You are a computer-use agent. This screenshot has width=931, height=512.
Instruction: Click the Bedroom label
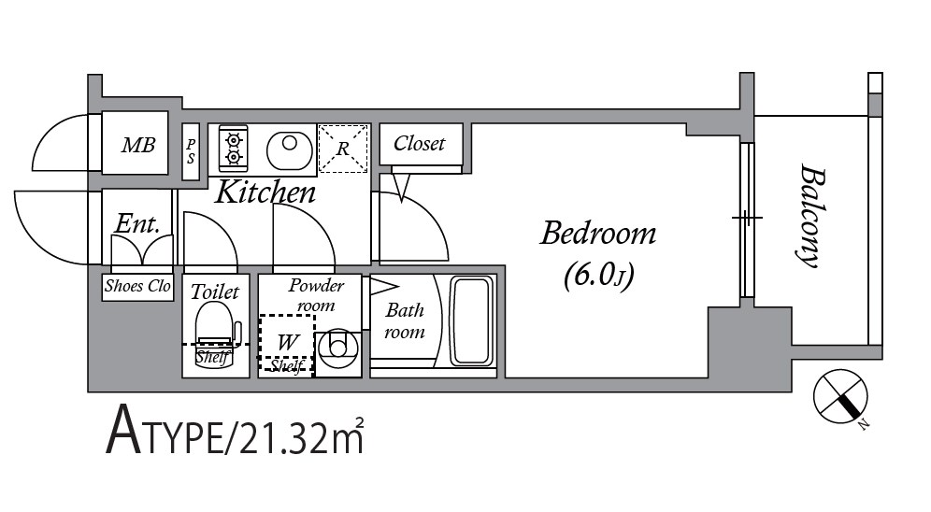click(x=598, y=234)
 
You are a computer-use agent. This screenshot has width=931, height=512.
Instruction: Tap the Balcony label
click(x=810, y=216)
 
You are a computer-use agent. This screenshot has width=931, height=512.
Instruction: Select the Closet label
click(x=419, y=143)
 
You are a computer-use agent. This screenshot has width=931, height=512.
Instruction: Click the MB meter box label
click(x=138, y=145)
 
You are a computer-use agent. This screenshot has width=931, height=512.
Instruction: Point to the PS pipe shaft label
click(x=191, y=151)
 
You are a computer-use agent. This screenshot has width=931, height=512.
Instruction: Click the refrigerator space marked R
click(x=343, y=149)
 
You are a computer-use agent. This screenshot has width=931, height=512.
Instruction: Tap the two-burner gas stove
click(x=234, y=149)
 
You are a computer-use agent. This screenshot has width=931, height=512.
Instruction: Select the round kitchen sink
click(x=290, y=149)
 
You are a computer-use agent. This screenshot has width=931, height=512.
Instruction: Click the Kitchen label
click(x=265, y=192)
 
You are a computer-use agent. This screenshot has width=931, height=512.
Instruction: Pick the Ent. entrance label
click(x=137, y=223)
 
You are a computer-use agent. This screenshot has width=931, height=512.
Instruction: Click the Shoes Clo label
click(x=137, y=286)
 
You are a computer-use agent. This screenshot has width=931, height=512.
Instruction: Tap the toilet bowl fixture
click(x=215, y=335)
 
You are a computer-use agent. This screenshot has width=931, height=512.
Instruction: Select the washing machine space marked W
click(x=287, y=342)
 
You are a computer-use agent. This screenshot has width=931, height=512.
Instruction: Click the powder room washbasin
click(x=337, y=350)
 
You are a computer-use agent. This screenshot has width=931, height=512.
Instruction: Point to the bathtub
click(x=472, y=321)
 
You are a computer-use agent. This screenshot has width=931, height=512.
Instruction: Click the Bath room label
click(x=405, y=321)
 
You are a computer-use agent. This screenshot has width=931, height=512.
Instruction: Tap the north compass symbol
click(x=840, y=396)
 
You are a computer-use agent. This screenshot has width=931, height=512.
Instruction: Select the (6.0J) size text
click(x=598, y=275)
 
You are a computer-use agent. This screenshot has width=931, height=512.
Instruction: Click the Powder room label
click(x=316, y=295)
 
